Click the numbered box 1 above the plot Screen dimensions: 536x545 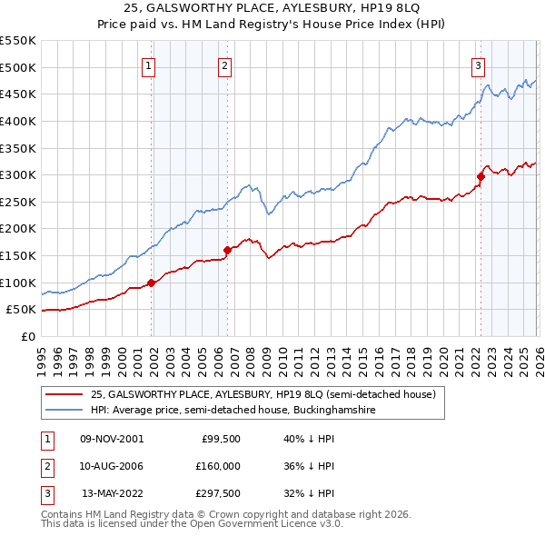147,65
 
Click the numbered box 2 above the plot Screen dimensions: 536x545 223,65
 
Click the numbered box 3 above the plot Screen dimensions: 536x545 478,65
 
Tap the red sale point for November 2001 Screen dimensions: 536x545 152,283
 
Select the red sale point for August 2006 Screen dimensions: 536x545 227,250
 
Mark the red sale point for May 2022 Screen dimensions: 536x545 481,176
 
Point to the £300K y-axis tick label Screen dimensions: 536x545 17,174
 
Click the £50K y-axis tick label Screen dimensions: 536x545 20,310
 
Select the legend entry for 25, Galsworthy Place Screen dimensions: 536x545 263,394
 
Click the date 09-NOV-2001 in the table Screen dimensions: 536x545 112,438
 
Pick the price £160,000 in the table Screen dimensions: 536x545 216,466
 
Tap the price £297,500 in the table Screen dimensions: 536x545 216,494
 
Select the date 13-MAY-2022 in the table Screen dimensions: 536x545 113,494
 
